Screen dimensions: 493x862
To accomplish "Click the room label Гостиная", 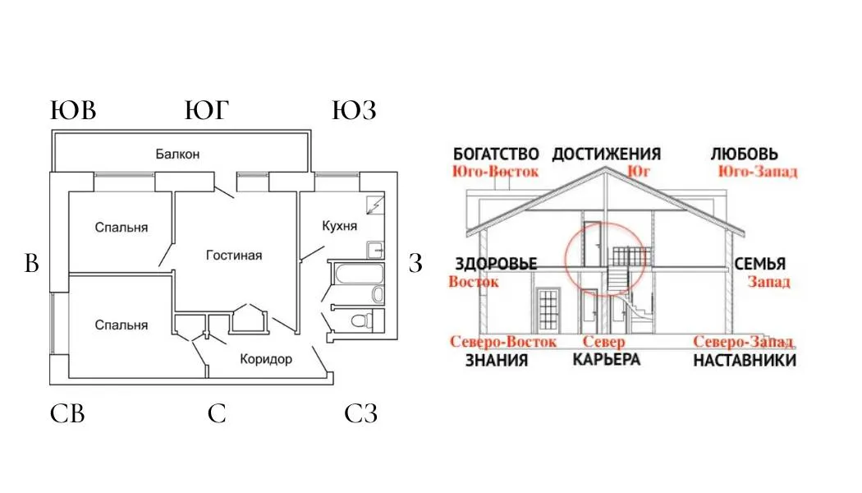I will tap(234, 256).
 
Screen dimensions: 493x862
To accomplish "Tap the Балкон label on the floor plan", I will tap(178, 154).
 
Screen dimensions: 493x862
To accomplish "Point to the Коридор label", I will tap(266, 359).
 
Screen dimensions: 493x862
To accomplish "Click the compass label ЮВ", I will tap(74, 111).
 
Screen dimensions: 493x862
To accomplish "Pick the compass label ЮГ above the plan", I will tap(206, 111).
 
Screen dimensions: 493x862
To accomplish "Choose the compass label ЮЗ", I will tap(354, 111).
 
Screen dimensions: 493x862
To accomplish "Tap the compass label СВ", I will tap(67, 414).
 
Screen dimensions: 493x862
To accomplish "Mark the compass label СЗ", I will tap(360, 414).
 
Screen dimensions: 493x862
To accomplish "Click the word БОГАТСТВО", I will tap(496, 154).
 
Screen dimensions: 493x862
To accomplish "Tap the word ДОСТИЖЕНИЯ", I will tap(607, 154).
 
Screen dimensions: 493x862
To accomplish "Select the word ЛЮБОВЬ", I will tap(744, 154).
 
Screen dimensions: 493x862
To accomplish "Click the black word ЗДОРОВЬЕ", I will tap(496, 264).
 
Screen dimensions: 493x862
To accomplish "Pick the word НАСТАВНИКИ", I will tap(745, 361).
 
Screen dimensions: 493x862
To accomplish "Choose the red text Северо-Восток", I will tap(503, 342).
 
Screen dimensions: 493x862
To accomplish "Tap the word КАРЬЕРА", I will tap(607, 360).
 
